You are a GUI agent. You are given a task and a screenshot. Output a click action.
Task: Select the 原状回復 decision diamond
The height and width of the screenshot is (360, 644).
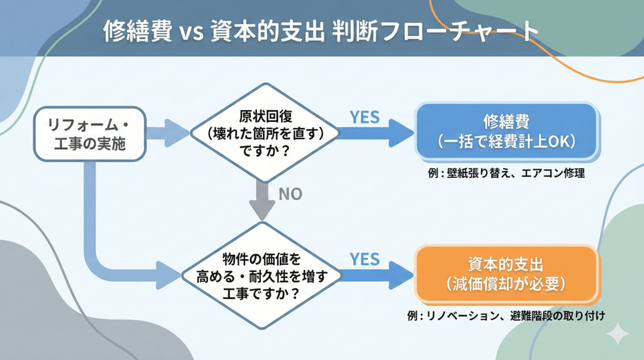[264, 133]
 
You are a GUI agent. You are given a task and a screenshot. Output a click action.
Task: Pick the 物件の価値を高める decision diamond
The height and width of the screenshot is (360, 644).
[261, 275]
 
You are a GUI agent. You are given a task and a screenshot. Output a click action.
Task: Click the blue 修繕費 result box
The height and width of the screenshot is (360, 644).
[506, 130]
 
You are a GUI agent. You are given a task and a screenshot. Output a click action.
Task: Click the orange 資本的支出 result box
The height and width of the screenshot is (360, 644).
[505, 273]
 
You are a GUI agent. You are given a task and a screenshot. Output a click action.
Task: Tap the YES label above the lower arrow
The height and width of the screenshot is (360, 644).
[364, 259]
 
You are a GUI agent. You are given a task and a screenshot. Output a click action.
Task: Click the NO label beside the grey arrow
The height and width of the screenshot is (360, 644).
[290, 194]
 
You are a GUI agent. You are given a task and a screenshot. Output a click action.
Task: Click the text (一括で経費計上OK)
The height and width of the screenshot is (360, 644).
[506, 142]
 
